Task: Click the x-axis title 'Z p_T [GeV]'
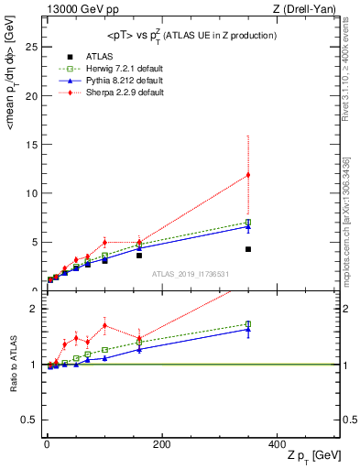pyautogui.click(x=311, y=455)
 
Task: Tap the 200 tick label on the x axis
pyautogui.click(x=161, y=443)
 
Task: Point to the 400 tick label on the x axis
pyautogui.click(x=276, y=443)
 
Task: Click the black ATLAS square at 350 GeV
pyautogui.click(x=247, y=249)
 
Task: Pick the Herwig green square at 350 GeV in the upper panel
pyautogui.click(x=247, y=222)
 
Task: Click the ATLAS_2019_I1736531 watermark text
pyautogui.click(x=191, y=274)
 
